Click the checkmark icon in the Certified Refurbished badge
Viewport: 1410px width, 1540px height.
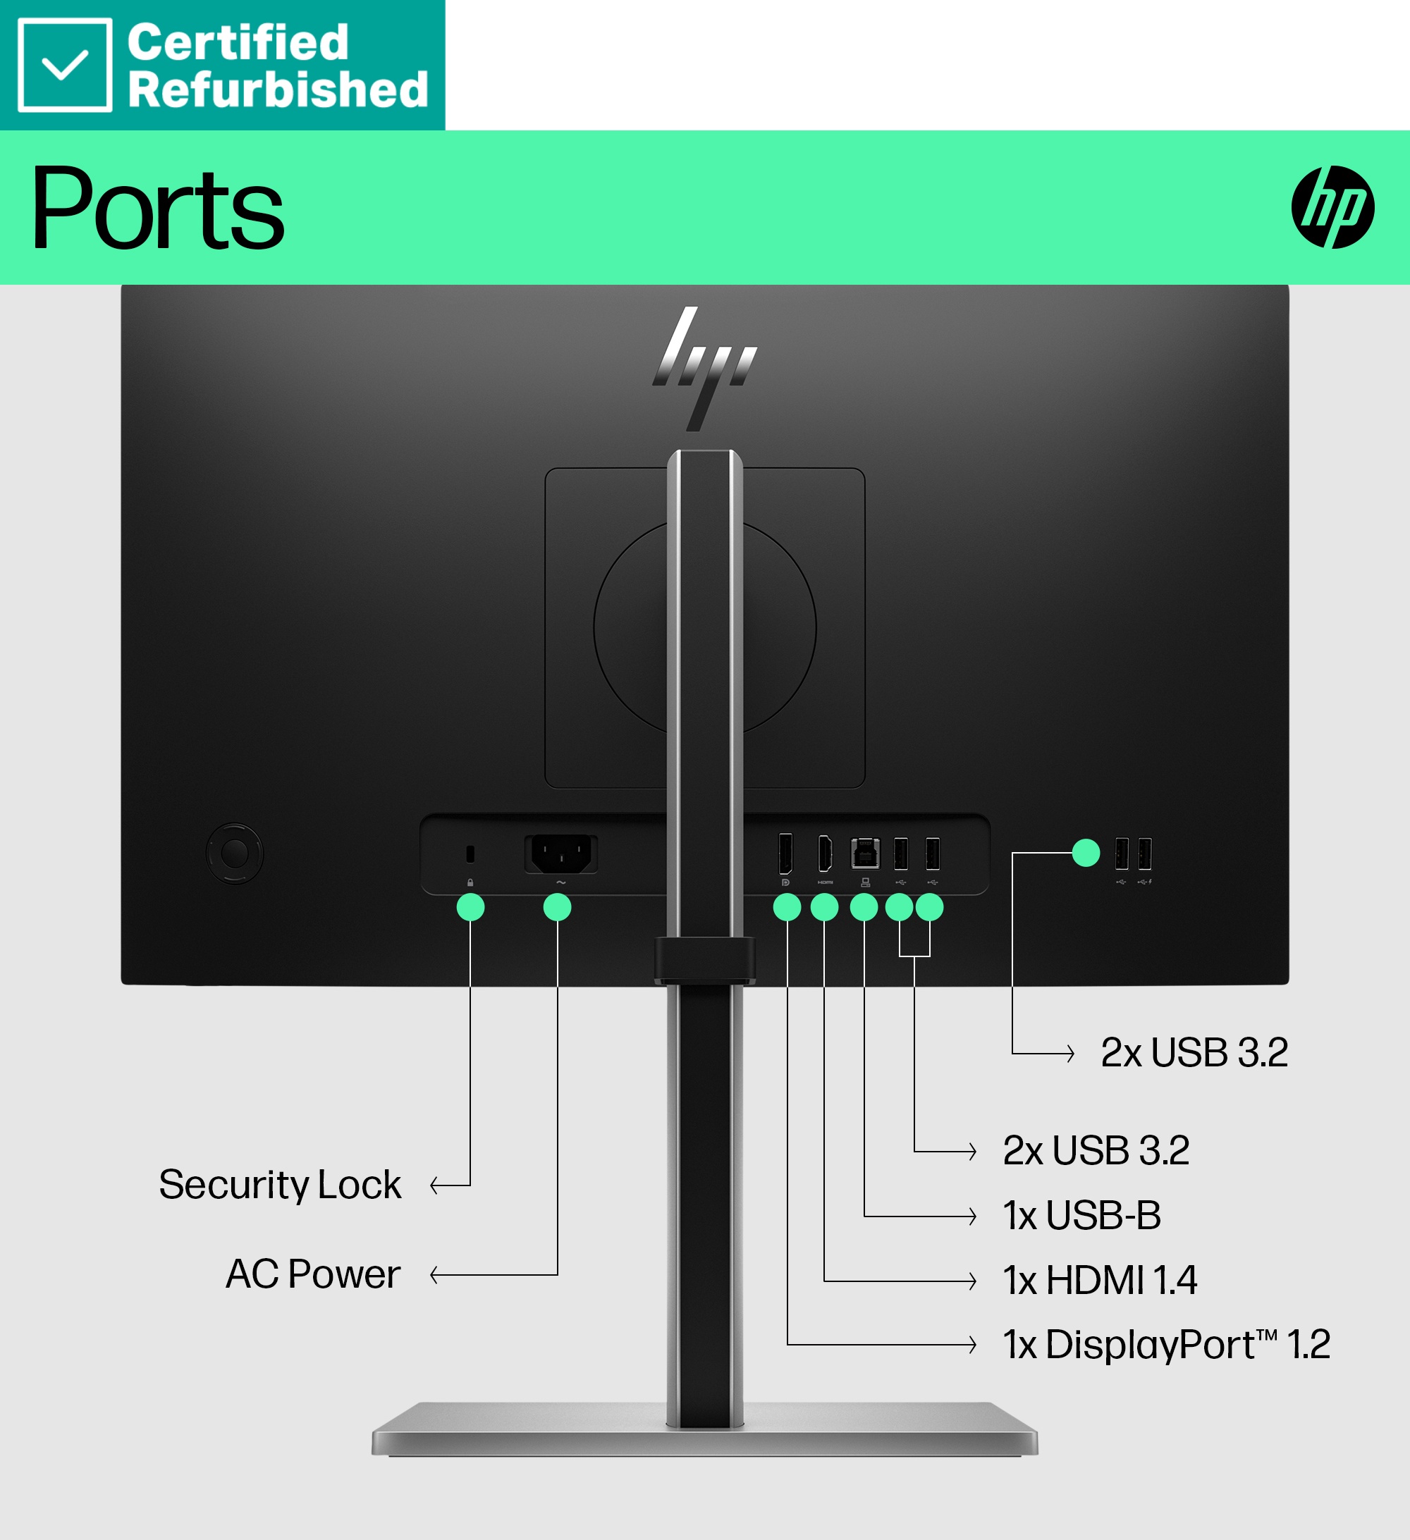[x=65, y=65]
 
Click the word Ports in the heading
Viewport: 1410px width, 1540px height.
[x=157, y=208]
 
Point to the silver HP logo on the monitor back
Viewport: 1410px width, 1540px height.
[x=704, y=367]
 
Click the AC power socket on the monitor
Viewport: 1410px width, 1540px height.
[x=561, y=854]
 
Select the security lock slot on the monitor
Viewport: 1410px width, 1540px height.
[x=470, y=854]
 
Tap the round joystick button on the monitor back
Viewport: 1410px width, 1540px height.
[x=235, y=853]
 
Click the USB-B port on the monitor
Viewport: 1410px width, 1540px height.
[x=865, y=854]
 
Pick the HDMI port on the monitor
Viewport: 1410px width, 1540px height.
[x=825, y=854]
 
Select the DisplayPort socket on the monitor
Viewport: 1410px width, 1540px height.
[x=785, y=854]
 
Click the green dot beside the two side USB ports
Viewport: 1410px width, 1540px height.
[x=1085, y=853]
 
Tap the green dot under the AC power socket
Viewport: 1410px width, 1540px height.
[x=557, y=908]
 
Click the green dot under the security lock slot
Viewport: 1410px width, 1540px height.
[x=470, y=908]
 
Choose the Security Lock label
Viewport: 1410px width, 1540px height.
[x=280, y=1185]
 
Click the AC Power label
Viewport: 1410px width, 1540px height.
[x=312, y=1274]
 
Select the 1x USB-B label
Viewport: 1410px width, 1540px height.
[x=1081, y=1215]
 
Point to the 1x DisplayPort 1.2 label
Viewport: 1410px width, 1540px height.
[x=1166, y=1345]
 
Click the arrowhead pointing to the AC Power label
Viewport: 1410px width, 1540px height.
[x=436, y=1275]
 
